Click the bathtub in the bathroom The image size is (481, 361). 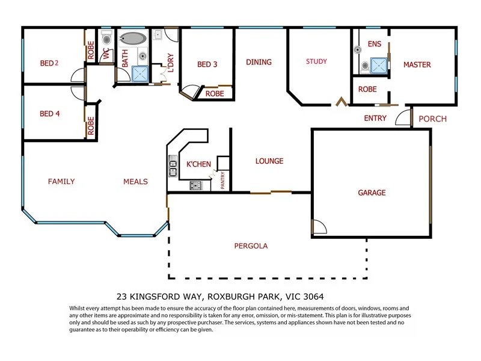pos(132,39)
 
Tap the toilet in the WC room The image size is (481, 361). pos(106,38)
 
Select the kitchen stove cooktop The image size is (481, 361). pos(195,185)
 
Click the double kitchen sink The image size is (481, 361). pos(173,166)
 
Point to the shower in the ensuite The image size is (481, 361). pos(379,66)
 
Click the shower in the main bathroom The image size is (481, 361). pos(140,74)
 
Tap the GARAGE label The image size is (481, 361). pos(372,193)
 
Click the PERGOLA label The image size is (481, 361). pos(251,246)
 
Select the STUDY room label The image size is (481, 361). pos(316,61)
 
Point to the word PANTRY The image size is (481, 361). pos(222,180)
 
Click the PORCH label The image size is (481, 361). pos(432,119)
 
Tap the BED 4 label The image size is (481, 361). pos(50,114)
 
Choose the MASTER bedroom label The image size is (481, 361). pos(417,65)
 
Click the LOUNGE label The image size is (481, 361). pos(269,161)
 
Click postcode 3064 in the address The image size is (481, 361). pos(313,297)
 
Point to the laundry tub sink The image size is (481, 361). pos(158,35)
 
